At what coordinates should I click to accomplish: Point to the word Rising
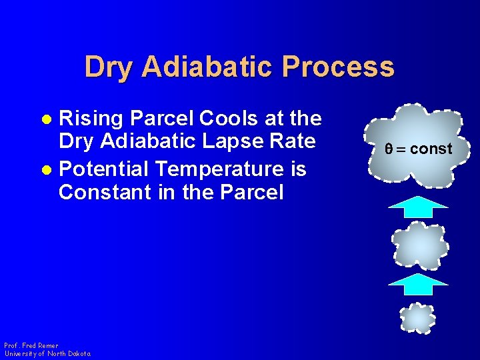pos(91,119)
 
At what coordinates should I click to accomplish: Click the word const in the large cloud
pos(431,149)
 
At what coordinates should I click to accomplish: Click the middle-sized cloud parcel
pos(420,245)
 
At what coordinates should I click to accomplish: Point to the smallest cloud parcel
pos(417,318)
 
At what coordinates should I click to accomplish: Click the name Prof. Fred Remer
pos(31,346)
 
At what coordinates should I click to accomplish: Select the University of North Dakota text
pos(47,354)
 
